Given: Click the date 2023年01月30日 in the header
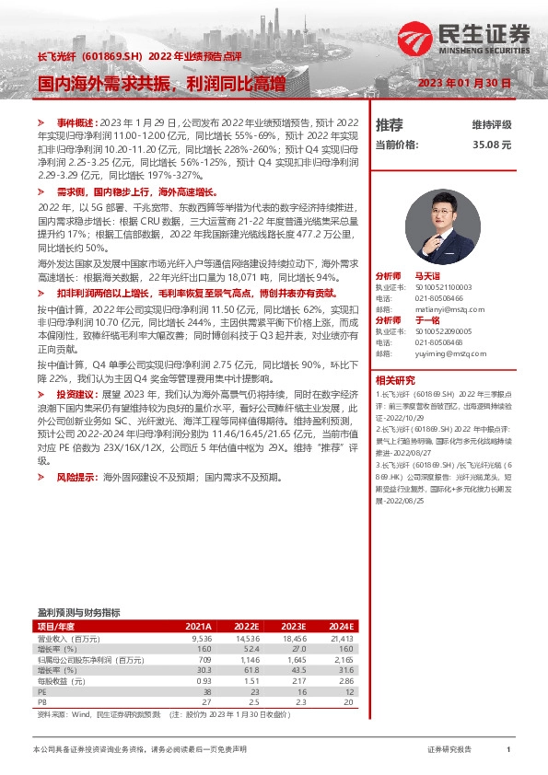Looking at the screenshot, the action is [464, 83].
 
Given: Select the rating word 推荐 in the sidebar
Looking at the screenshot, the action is [390, 124].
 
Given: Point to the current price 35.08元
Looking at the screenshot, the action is [491, 145].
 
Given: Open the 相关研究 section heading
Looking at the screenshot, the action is [393, 379].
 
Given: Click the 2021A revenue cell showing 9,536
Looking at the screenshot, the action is [201, 637].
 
